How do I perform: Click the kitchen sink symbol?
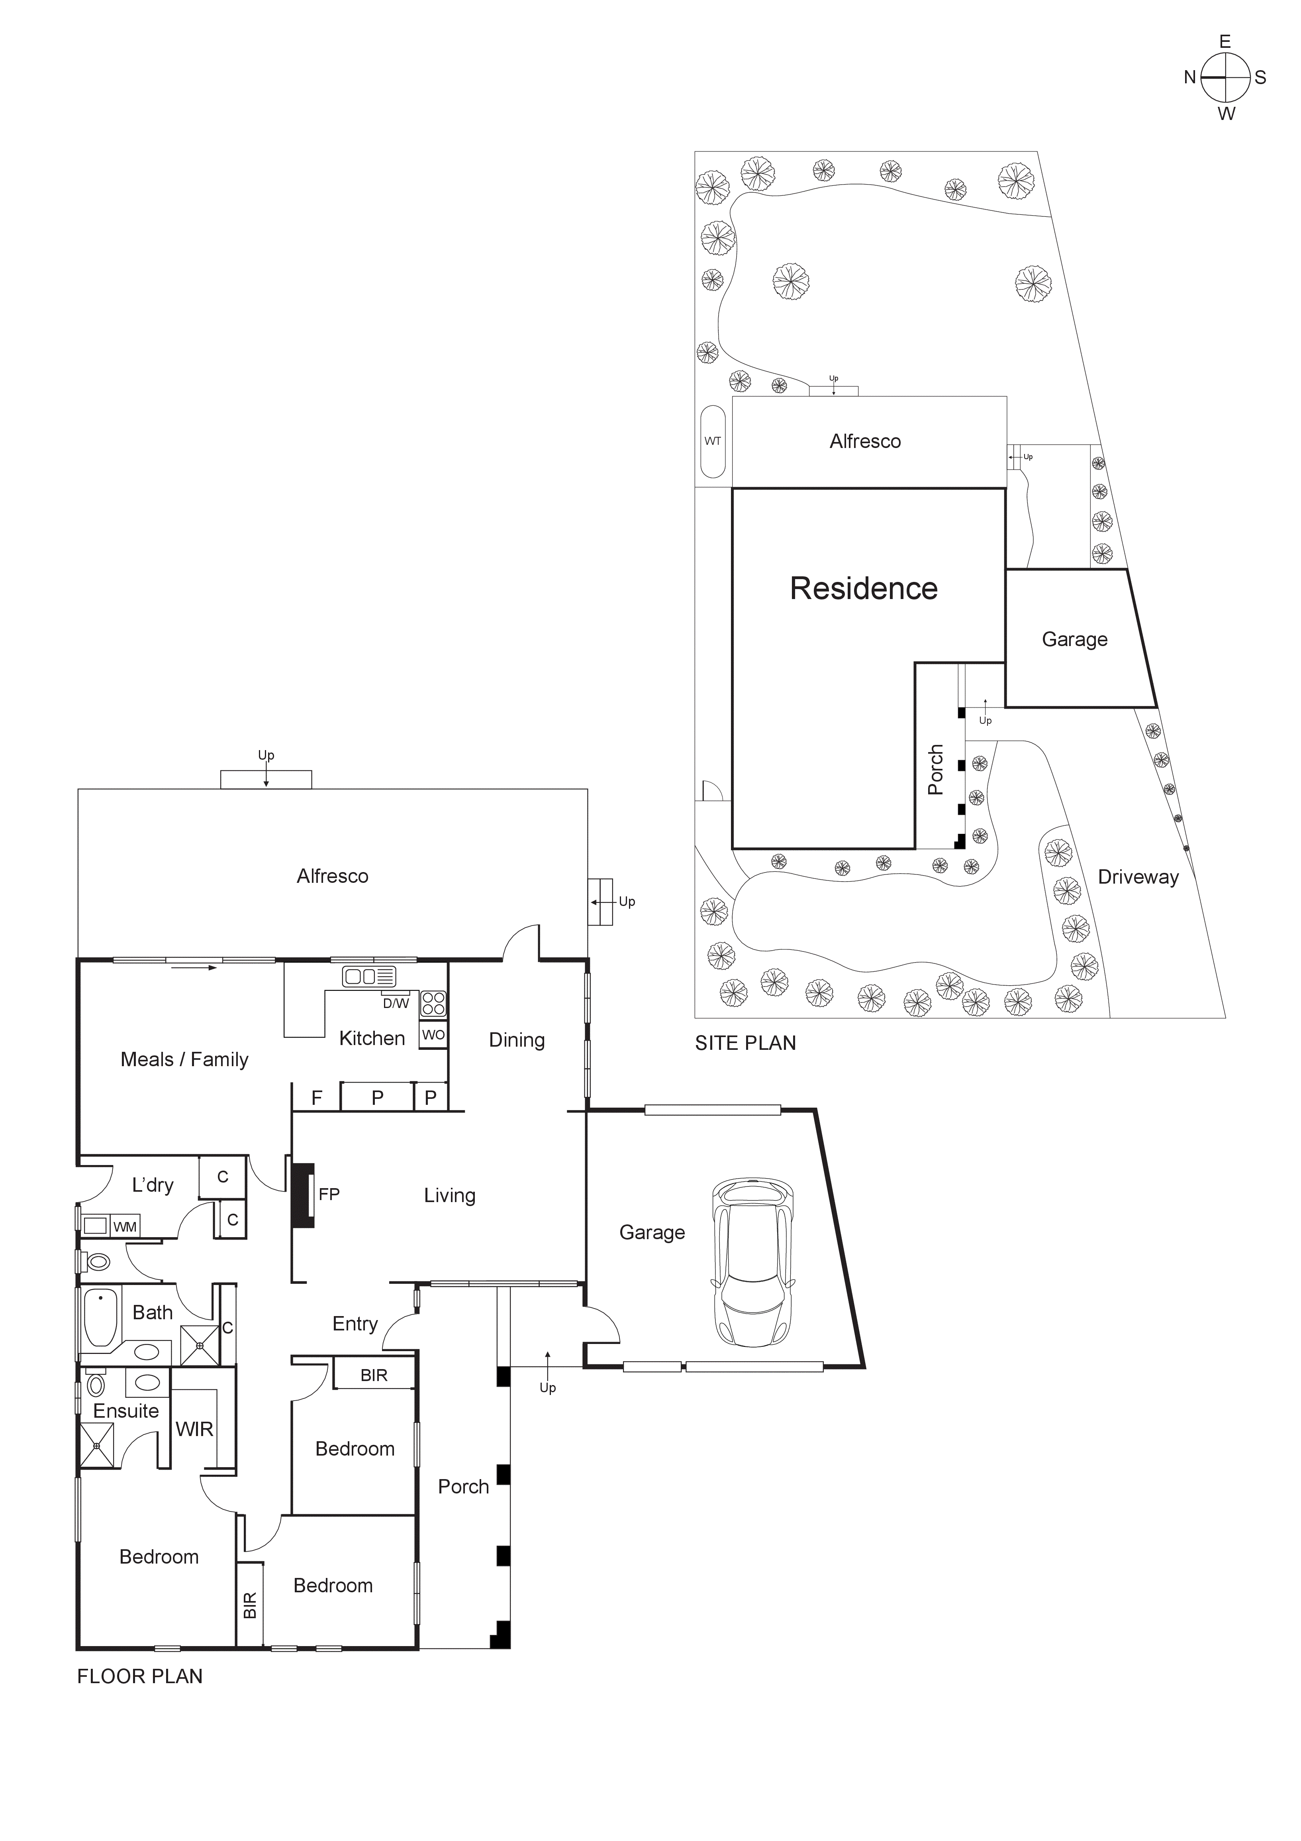[369, 976]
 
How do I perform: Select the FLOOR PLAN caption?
[139, 1677]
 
